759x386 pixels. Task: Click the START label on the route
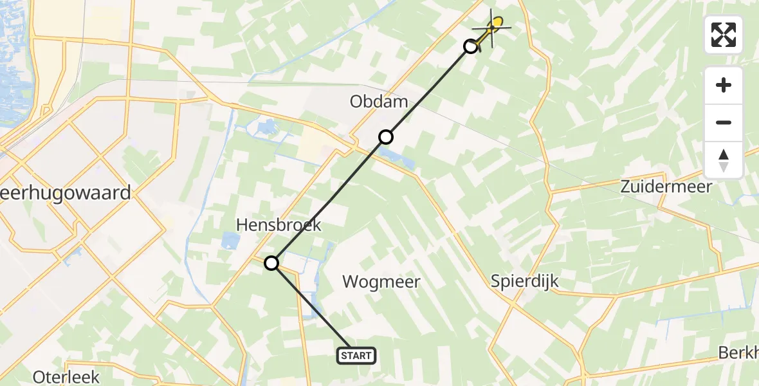click(356, 356)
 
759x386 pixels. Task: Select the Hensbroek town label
click(279, 225)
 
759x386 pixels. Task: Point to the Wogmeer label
click(381, 281)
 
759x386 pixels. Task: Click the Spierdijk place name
click(524, 281)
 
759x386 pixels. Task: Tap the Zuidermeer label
click(666, 187)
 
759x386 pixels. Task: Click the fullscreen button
click(724, 35)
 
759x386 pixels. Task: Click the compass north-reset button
click(724, 160)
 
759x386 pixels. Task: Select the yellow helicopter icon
click(494, 27)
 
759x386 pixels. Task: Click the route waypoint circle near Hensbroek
click(272, 262)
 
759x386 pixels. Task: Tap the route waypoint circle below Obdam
click(385, 136)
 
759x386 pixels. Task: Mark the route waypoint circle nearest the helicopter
click(471, 46)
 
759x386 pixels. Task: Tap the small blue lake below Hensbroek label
click(229, 242)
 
